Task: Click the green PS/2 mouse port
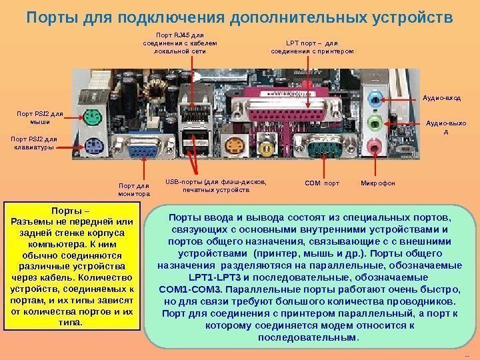(x=93, y=117)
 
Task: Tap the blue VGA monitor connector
(x=139, y=151)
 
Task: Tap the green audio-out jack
(x=375, y=123)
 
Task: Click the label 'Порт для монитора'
(x=134, y=189)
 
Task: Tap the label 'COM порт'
(x=322, y=182)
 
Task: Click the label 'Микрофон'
(x=378, y=182)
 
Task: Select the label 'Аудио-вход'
(x=443, y=97)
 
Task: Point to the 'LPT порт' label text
(x=312, y=46)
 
